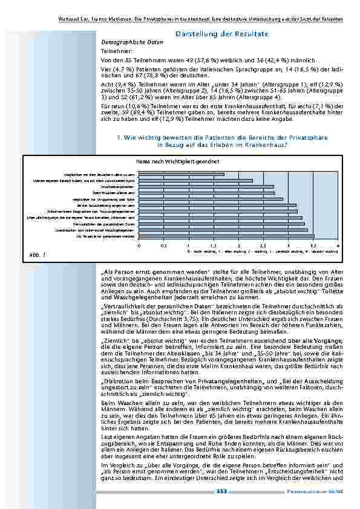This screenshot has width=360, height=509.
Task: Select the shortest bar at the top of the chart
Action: coord(182,174)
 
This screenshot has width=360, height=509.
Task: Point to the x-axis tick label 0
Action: coord(139,246)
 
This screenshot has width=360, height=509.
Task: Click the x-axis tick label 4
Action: coord(337,246)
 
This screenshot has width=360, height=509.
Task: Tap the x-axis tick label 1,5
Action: coord(213,246)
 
